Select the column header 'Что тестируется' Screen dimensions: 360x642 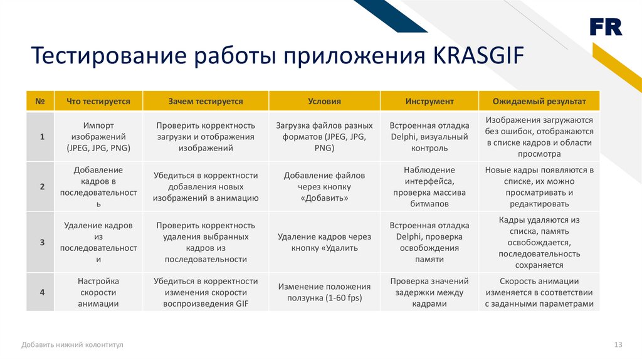(98, 101)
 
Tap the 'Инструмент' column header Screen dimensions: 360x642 (429, 101)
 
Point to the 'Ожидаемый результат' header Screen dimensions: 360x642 (539, 101)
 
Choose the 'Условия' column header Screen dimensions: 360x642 (324, 101)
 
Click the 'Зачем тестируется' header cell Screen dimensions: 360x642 (206, 101)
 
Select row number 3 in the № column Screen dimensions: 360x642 (41, 242)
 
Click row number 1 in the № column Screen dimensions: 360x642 (41, 137)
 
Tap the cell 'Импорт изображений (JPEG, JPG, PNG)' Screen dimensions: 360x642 (98, 137)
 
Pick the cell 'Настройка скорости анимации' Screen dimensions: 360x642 (98, 292)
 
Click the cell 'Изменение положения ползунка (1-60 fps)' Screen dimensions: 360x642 (324, 292)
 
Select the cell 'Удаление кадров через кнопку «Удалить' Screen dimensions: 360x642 (324, 242)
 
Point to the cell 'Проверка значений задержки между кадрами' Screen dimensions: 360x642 (429, 292)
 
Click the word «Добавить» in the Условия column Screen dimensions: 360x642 (324, 198)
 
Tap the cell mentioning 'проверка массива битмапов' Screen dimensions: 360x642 (429, 187)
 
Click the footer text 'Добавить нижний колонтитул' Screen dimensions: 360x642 (72, 344)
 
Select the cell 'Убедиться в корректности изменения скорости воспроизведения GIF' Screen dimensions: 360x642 (206, 292)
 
